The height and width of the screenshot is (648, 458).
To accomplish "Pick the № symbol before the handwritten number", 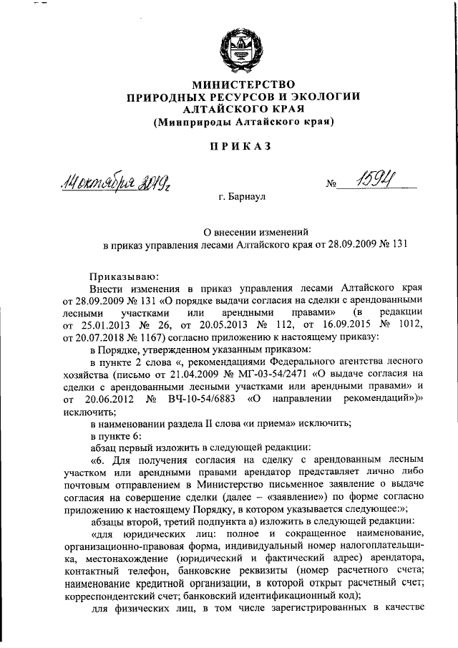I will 331,185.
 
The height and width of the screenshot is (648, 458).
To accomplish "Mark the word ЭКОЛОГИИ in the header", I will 323,97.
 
